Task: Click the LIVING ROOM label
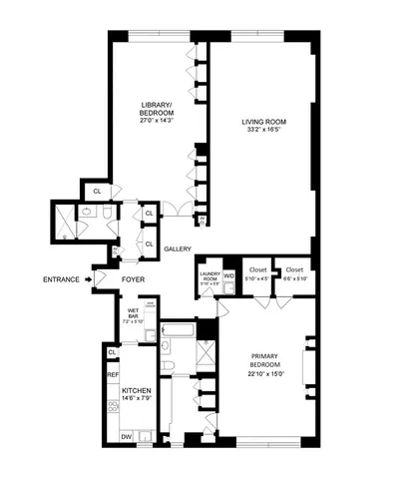(262, 123)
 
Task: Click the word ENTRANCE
(64, 279)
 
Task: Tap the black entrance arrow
(90, 279)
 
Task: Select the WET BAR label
(133, 311)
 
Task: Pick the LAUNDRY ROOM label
(209, 274)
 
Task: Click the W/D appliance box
(228, 274)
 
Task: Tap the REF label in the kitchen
(113, 373)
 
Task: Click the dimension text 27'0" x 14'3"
(156, 121)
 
